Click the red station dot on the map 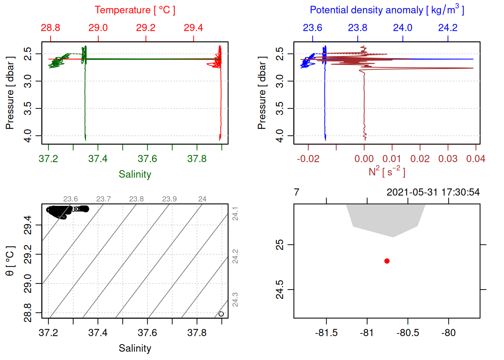pyautogui.click(x=387, y=261)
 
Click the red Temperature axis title pyautogui.click(x=135, y=10)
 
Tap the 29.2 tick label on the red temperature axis pyautogui.click(x=145, y=28)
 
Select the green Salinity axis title pyautogui.click(x=135, y=174)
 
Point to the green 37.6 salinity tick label pyautogui.click(x=147, y=159)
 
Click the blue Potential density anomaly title pyautogui.click(x=387, y=10)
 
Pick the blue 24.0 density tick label pyautogui.click(x=402, y=28)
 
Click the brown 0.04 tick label pyautogui.click(x=475, y=159)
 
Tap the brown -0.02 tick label pyautogui.click(x=308, y=159)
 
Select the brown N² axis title pyautogui.click(x=387, y=172)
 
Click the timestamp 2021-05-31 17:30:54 pyautogui.click(x=433, y=192)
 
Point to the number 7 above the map pyautogui.click(x=297, y=192)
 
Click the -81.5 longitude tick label pyautogui.click(x=326, y=333)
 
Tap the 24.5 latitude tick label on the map pyautogui.click(x=280, y=289)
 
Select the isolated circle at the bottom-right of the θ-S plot pyautogui.click(x=221, y=314)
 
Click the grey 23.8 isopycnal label pyautogui.click(x=136, y=199)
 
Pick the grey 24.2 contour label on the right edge pyautogui.click(x=235, y=256)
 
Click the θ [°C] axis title pyautogui.click(x=10, y=261)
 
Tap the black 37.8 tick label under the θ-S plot pyautogui.click(x=197, y=333)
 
